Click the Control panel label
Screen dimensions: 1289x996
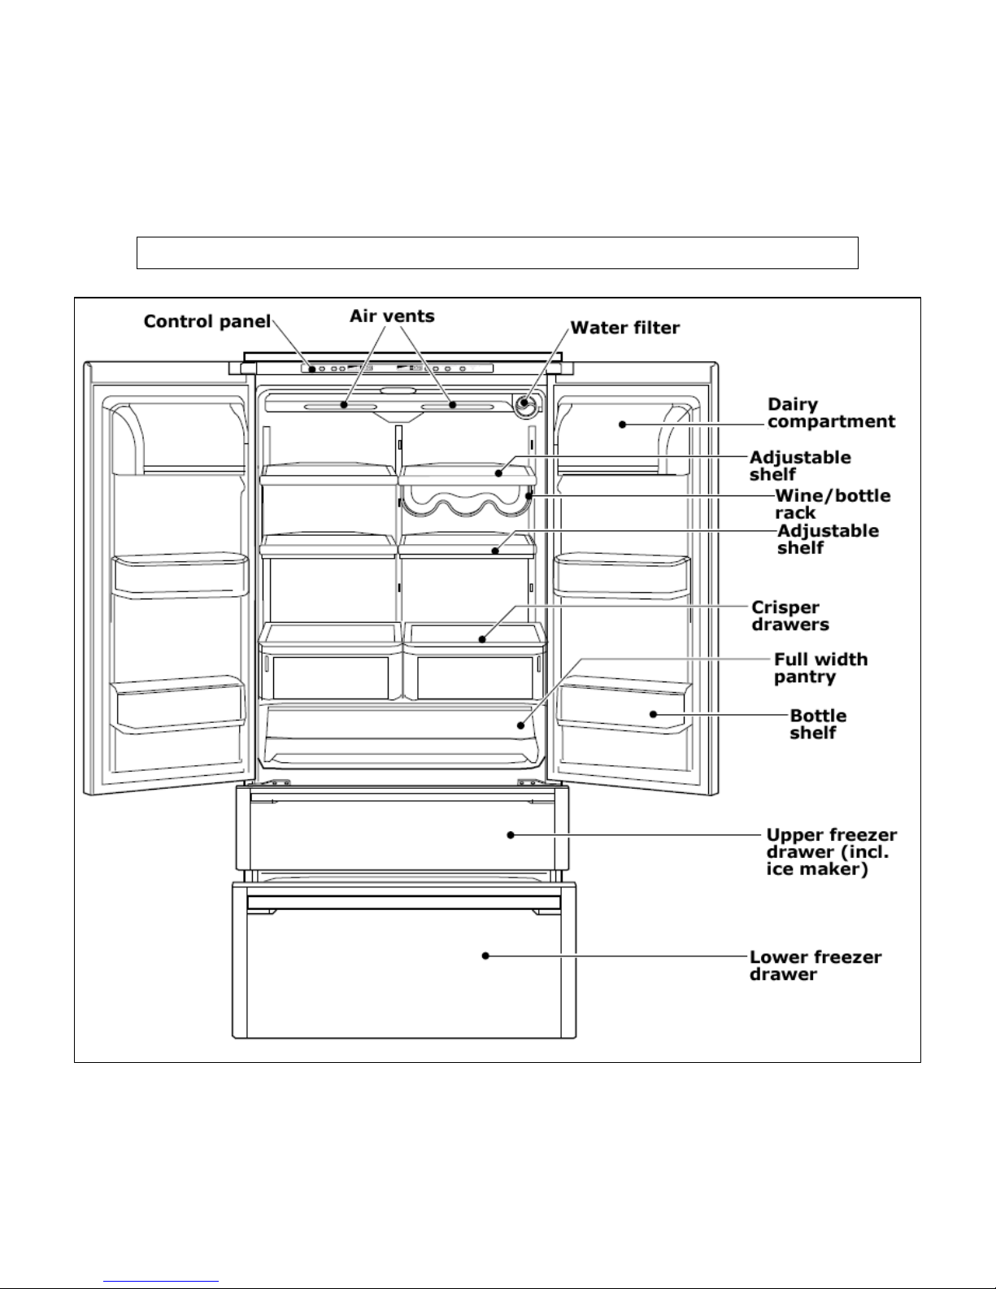pyautogui.click(x=207, y=321)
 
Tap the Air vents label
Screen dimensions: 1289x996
pyautogui.click(x=393, y=316)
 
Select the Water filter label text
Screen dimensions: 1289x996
pyautogui.click(x=624, y=328)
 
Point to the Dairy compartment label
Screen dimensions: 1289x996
pyautogui.click(x=831, y=413)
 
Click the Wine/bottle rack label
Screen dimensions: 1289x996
pyautogui.click(x=832, y=504)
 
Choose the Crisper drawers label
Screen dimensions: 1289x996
pyautogui.click(x=789, y=616)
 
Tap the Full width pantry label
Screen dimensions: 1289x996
pyautogui.click(x=820, y=668)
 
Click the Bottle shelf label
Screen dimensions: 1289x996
pyautogui.click(x=818, y=724)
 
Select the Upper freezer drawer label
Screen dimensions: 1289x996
pyautogui.click(x=832, y=852)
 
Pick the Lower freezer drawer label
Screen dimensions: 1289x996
pyautogui.click(x=815, y=965)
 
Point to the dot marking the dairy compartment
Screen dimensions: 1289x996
pyautogui.click(x=622, y=424)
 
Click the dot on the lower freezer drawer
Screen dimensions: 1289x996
pyautogui.click(x=485, y=956)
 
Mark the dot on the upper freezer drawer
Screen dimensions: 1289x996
pyautogui.click(x=511, y=834)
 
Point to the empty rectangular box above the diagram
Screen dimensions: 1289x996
pyautogui.click(x=497, y=253)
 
